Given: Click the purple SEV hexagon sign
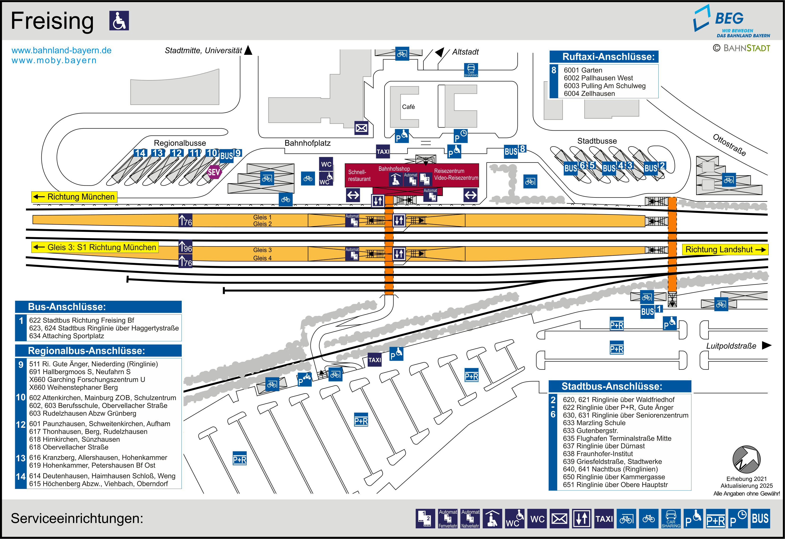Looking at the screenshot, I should [x=214, y=172].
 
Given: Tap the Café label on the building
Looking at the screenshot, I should [x=408, y=107].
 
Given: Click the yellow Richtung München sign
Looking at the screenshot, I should [x=74, y=197].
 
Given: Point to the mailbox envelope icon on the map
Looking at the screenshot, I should [x=361, y=128].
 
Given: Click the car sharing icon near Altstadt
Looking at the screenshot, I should [x=471, y=70].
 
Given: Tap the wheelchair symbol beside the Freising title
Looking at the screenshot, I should [x=119, y=21].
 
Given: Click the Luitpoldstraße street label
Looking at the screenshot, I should [x=731, y=346].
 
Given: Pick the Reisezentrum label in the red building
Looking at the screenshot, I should [x=449, y=171].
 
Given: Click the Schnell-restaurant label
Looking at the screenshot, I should [x=359, y=175].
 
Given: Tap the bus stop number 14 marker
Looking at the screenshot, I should [x=140, y=153].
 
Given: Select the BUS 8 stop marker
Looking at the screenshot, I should [x=514, y=150].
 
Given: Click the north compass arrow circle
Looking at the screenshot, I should [x=746, y=459].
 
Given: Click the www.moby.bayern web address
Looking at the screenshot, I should [x=54, y=60].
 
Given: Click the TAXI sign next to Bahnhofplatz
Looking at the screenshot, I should [x=383, y=152].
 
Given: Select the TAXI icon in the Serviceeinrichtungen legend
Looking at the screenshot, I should [x=604, y=518].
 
